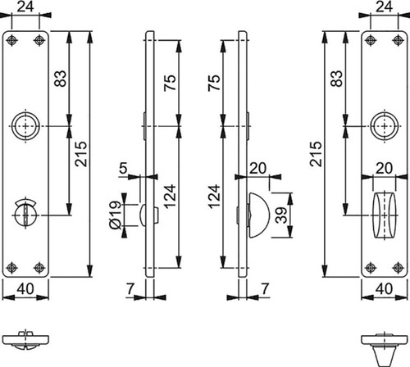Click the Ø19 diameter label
tap(115, 215)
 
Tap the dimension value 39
tap(281, 215)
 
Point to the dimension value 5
tap(123, 168)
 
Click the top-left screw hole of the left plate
tap(11, 41)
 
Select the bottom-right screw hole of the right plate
tap(398, 268)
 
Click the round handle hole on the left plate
tap(25, 126)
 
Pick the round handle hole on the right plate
tap(385, 126)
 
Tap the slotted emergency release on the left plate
tap(25, 213)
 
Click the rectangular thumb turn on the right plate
tap(385, 215)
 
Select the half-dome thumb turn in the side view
tap(258, 215)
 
